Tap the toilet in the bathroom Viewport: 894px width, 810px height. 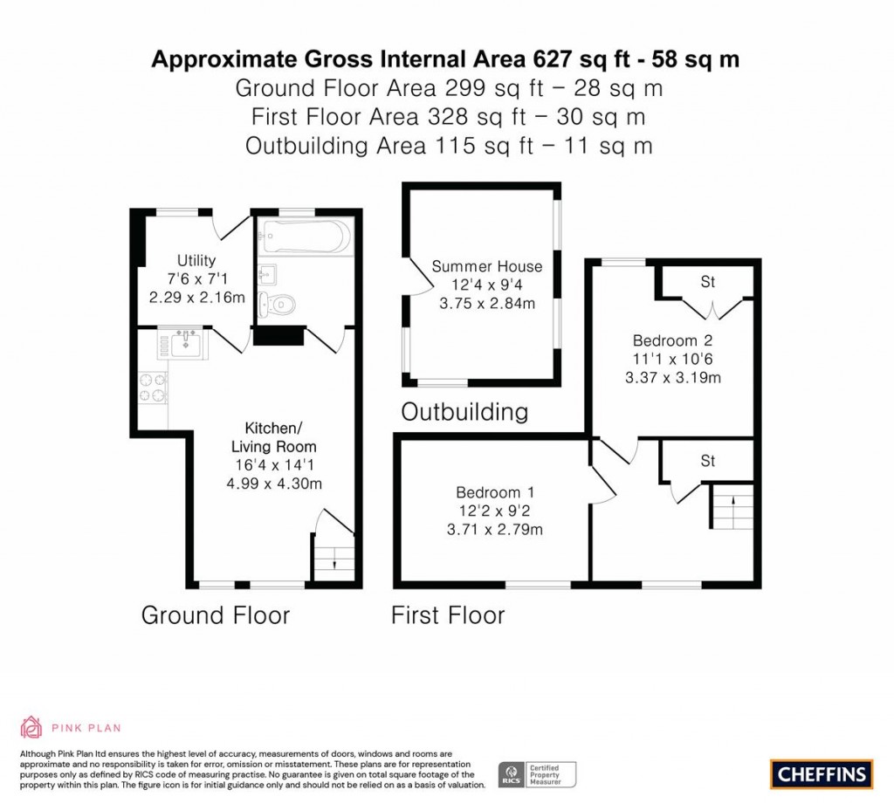[x=277, y=305]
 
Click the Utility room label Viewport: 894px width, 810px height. [x=196, y=260]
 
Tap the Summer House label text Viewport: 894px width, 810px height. [x=487, y=266]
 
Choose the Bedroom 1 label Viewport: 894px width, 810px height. [x=496, y=492]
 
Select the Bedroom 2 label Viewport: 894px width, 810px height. [x=673, y=341]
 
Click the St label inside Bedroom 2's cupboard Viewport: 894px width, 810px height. [x=707, y=282]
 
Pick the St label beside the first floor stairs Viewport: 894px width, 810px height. [x=707, y=461]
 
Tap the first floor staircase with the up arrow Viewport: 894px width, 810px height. [x=732, y=505]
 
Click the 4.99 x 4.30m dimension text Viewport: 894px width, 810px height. [x=274, y=484]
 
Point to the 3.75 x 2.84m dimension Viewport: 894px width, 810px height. [x=487, y=303]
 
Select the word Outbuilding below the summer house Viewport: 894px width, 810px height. [x=464, y=412]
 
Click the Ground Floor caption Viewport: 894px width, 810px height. [x=216, y=615]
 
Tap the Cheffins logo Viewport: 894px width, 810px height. [x=822, y=774]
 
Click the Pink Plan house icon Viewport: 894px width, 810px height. [x=31, y=727]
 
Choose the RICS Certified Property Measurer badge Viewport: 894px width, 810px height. [x=537, y=775]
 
